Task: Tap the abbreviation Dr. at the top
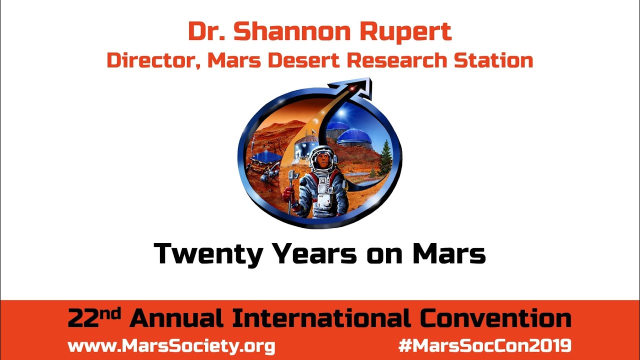pyautogui.click(x=207, y=32)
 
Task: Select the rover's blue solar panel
pyautogui.click(x=265, y=158)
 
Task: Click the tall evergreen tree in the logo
pyautogui.click(x=384, y=156)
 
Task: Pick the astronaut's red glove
pyautogui.click(x=287, y=194)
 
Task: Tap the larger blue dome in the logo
pyautogui.click(x=354, y=137)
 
